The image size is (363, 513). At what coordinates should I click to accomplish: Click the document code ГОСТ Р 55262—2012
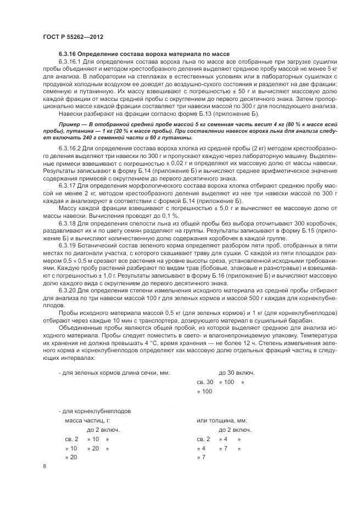pos(72,37)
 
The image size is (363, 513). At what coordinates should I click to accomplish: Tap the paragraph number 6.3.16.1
pos(70,61)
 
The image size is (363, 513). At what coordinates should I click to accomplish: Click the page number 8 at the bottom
pos(44,466)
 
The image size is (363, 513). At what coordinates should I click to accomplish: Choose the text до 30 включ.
pos(236,373)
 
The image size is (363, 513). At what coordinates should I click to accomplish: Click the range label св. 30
pos(205,382)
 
